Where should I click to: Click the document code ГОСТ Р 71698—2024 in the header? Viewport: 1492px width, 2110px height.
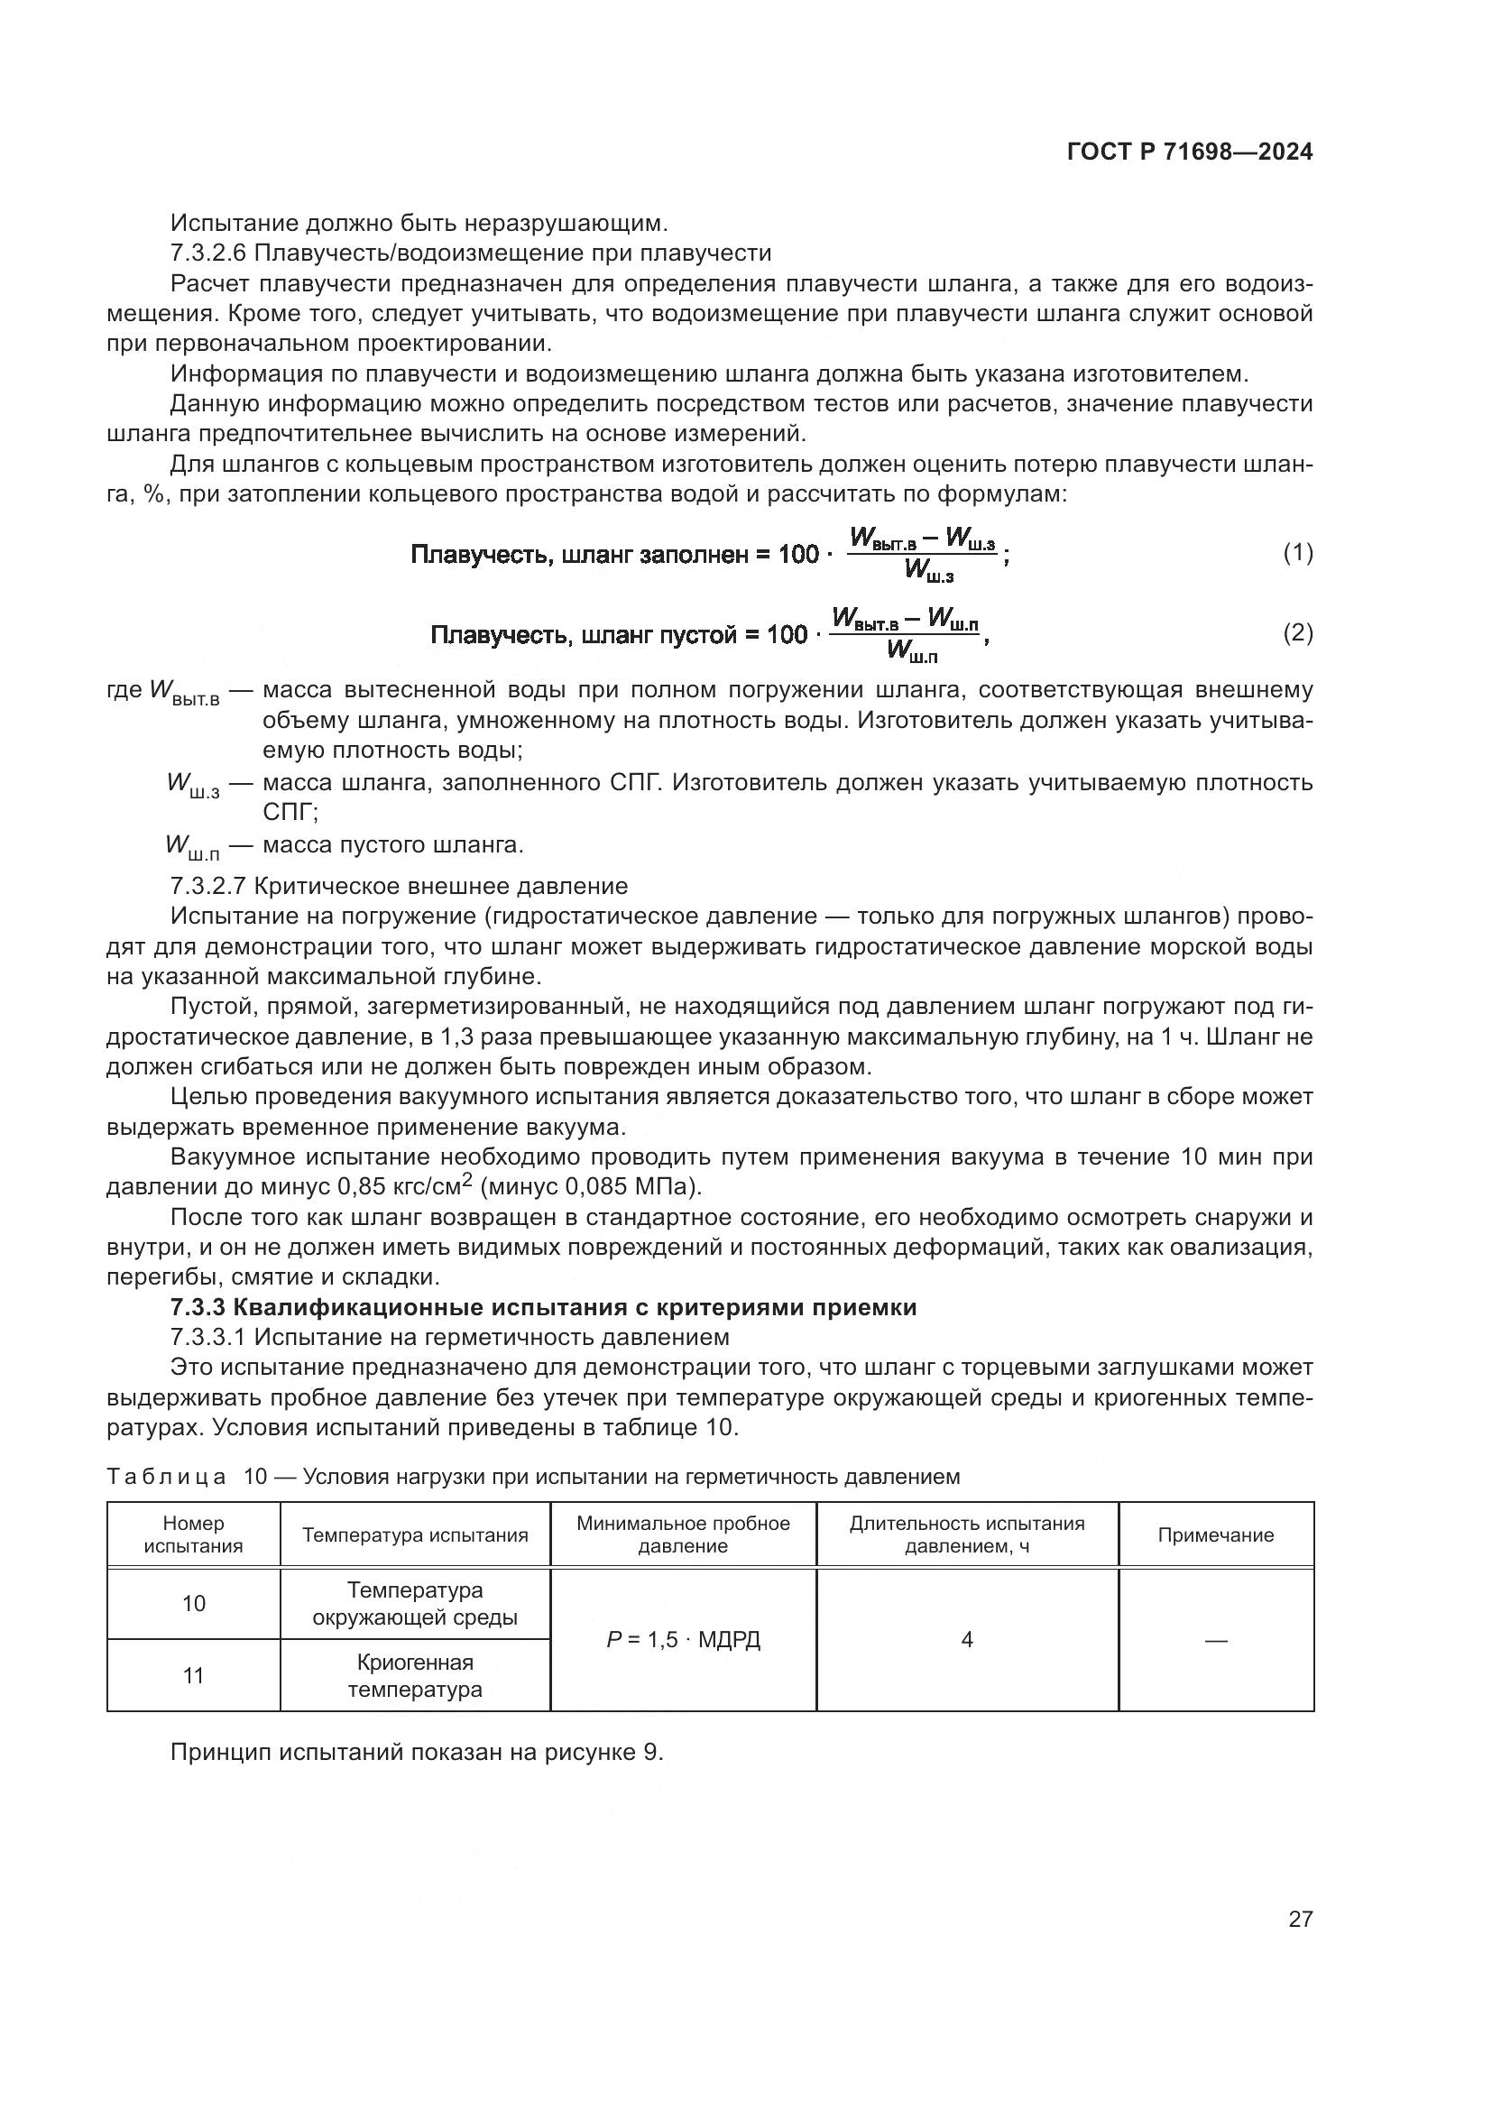pyautogui.click(x=1190, y=152)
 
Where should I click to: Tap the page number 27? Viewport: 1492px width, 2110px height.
pyautogui.click(x=1300, y=1919)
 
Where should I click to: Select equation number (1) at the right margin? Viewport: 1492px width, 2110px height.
pyautogui.click(x=1297, y=552)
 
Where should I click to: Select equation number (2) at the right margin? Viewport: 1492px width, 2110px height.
pyautogui.click(x=1297, y=632)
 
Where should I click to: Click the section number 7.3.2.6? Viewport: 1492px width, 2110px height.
pyautogui.click(x=208, y=253)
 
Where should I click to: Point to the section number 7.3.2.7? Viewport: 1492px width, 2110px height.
pyautogui.click(x=208, y=886)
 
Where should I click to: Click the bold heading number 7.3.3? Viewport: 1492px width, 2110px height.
pyautogui.click(x=198, y=1307)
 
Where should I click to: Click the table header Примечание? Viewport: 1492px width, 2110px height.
pyautogui.click(x=1214, y=1534)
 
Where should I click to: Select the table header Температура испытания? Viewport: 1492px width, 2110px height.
pyautogui.click(x=415, y=1534)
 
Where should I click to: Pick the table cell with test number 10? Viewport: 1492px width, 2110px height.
pyautogui.click(x=194, y=1604)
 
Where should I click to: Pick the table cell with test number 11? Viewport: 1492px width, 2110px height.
pyautogui.click(x=194, y=1676)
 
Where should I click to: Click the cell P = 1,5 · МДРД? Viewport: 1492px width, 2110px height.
pyautogui.click(x=684, y=1639)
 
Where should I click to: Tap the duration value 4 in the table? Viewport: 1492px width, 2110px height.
pyautogui.click(x=966, y=1639)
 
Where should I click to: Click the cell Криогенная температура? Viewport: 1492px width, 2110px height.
pyautogui.click(x=415, y=1676)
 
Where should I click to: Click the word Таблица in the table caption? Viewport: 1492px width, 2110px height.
pyautogui.click(x=166, y=1477)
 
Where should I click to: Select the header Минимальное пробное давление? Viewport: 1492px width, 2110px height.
pyautogui.click(x=683, y=1534)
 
